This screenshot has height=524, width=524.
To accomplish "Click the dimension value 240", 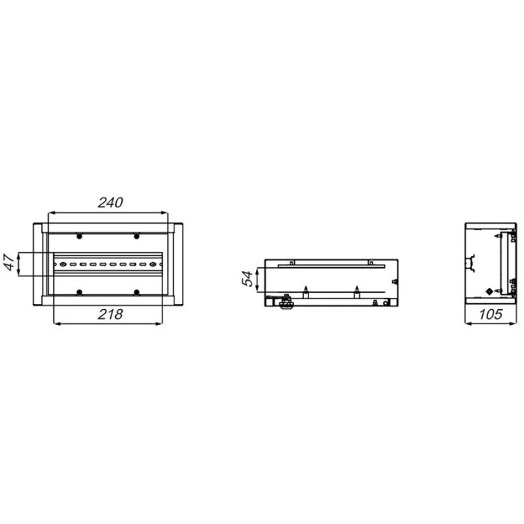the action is [x=110, y=203].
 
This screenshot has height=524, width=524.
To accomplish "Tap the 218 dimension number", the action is [x=110, y=314].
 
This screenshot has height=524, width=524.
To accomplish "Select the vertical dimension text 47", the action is [x=9, y=263].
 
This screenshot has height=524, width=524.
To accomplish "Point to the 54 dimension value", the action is [x=248, y=278].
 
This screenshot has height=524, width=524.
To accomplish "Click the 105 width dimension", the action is [x=490, y=314].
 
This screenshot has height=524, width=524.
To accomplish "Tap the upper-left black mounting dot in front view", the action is [x=79, y=237].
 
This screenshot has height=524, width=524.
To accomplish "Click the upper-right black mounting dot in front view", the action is [x=136, y=237].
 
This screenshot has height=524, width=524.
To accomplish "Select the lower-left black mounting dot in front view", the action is [x=79, y=293].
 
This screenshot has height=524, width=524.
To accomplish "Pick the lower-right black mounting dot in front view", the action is [x=136, y=293].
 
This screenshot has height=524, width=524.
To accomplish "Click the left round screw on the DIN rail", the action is [x=62, y=264].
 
